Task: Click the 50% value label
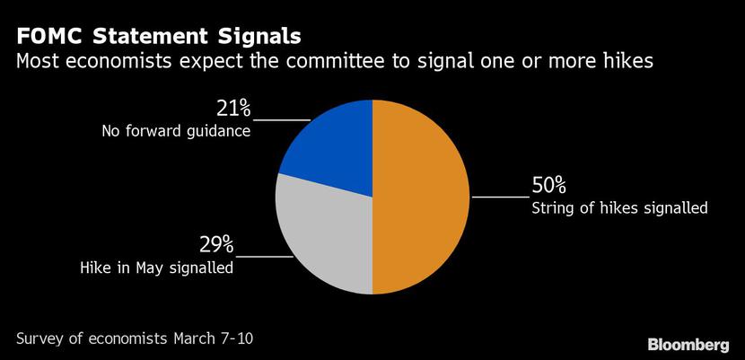[x=548, y=186]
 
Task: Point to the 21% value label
[x=233, y=109]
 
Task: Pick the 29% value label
[x=216, y=244]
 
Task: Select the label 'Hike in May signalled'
[x=157, y=267]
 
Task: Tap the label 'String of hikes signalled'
[x=619, y=208]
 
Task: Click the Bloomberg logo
[x=688, y=345]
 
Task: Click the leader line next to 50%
[x=500, y=196]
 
